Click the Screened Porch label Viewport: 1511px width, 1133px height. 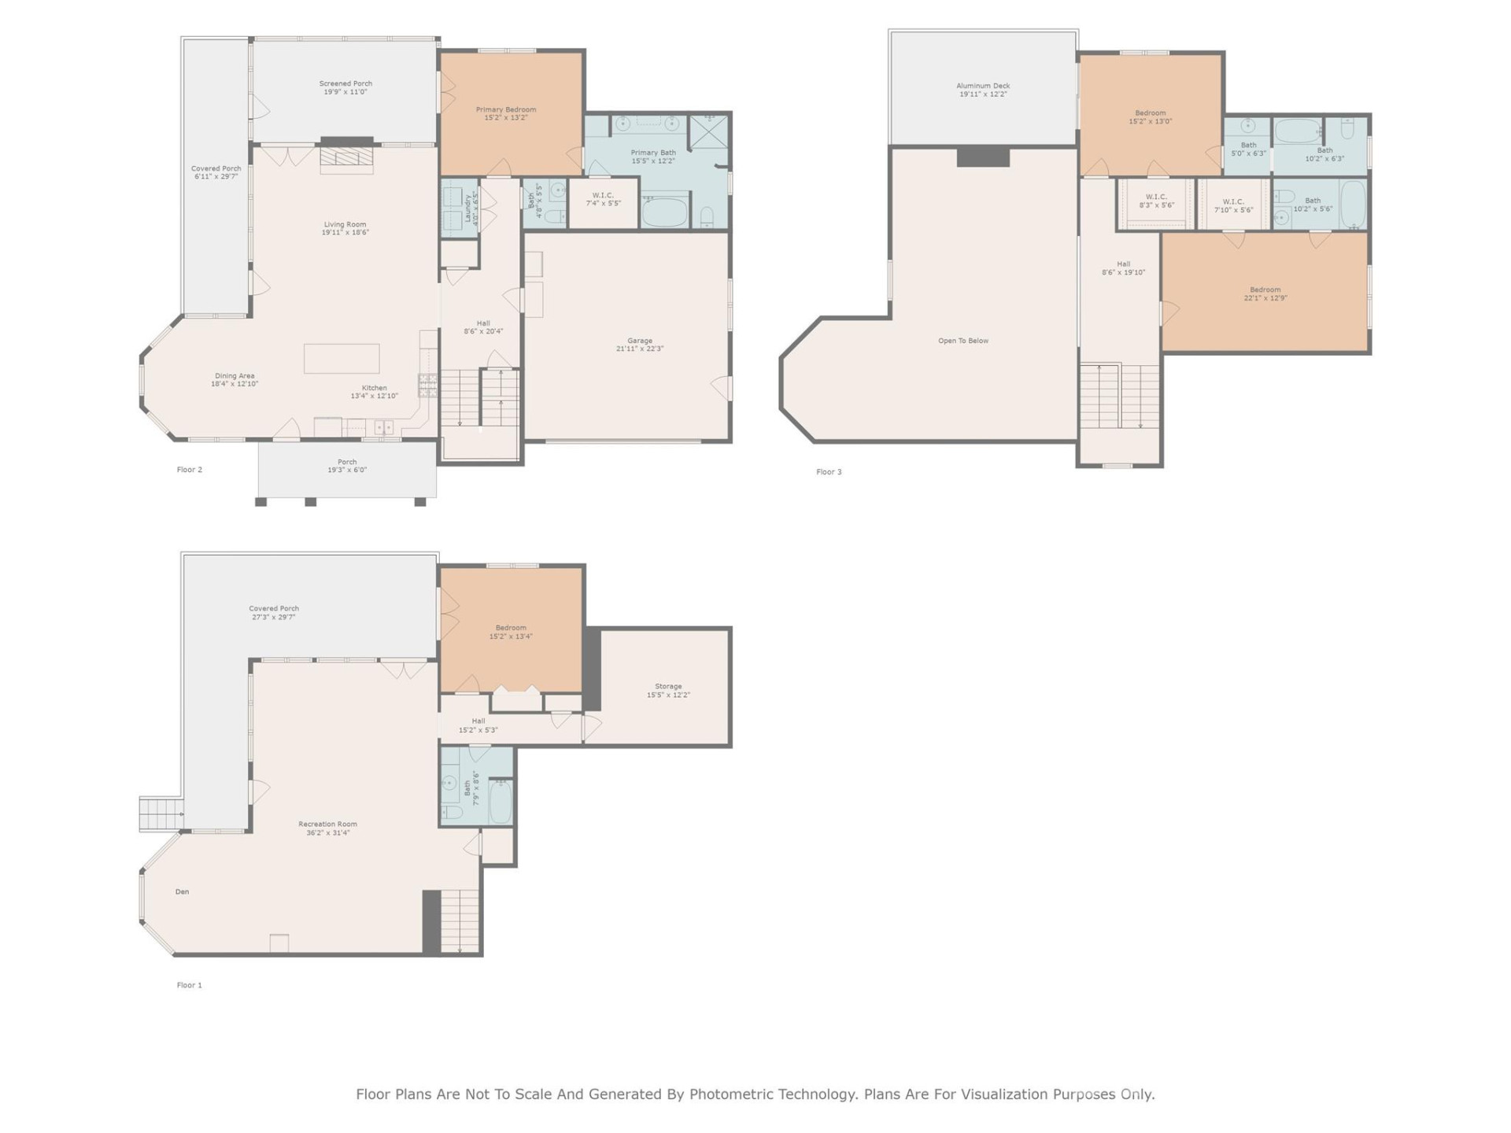point(345,83)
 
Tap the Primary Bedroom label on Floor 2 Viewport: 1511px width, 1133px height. point(505,110)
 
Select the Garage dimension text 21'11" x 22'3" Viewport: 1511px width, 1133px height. point(640,349)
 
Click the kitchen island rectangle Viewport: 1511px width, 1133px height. point(342,359)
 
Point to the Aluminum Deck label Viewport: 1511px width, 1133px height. point(983,86)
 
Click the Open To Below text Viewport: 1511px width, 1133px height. point(962,341)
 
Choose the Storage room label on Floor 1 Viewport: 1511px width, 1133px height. point(668,687)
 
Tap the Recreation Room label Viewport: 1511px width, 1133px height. point(327,825)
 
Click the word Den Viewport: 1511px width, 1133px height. point(182,891)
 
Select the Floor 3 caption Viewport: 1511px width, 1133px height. point(828,472)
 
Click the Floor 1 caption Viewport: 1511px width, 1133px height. point(189,985)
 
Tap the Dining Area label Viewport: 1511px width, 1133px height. point(235,376)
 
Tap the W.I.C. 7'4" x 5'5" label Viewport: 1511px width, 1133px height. point(603,195)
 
